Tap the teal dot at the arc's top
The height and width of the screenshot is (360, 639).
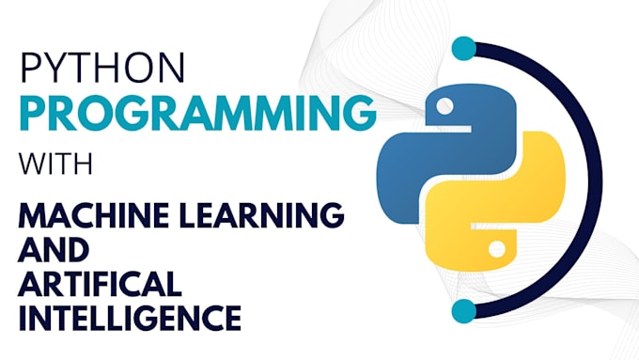coord(462,50)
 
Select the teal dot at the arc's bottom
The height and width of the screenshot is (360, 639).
coord(462,310)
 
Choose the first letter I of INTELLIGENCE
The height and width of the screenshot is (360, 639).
coord(23,318)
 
